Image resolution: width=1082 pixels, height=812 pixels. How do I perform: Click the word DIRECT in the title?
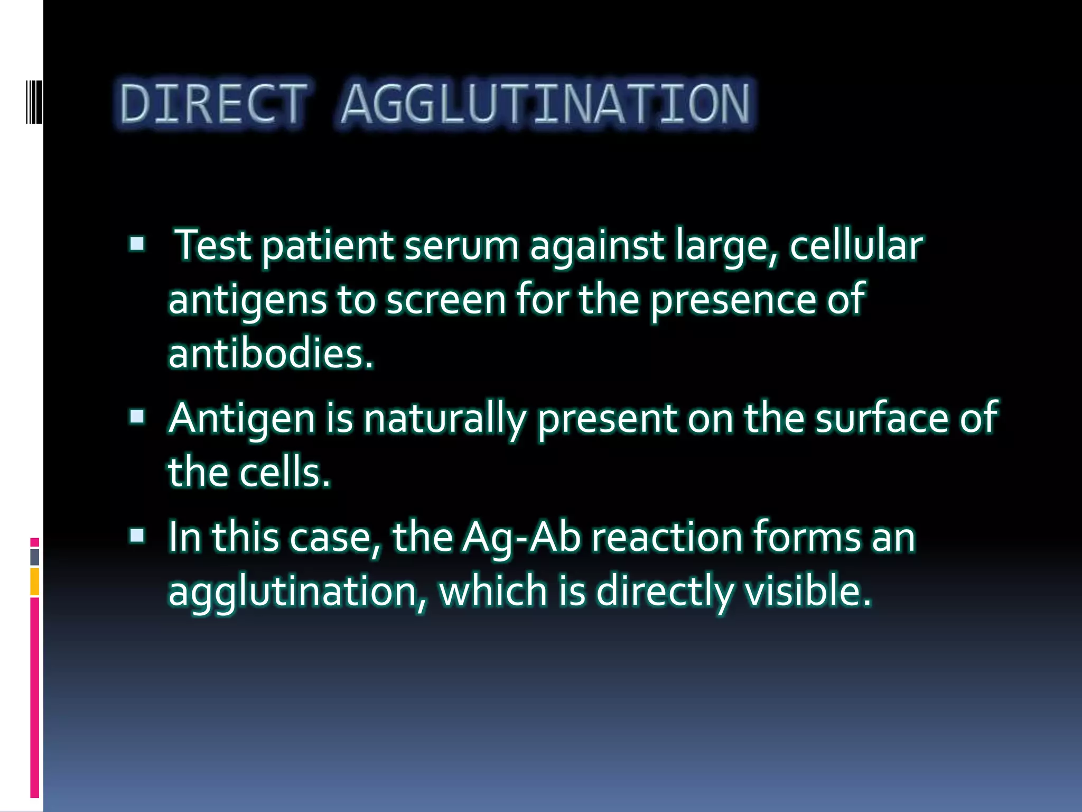point(213,104)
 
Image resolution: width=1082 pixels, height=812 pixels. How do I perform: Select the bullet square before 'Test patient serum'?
point(137,244)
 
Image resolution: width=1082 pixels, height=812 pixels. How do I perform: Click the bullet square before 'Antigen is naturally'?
point(137,417)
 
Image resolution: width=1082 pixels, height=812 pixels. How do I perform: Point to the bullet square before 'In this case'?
point(137,536)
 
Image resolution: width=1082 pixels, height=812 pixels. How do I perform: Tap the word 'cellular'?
point(856,246)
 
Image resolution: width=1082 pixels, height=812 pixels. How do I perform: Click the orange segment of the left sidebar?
point(35,582)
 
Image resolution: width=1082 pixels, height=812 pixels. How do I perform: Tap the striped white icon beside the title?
point(34,101)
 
